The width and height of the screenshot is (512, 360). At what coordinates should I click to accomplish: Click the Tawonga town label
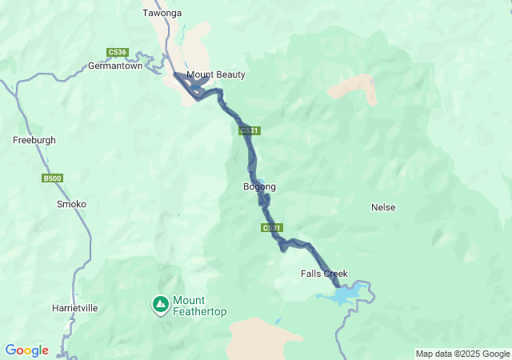[x=162, y=13]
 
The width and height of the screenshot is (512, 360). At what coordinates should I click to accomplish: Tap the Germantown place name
[x=115, y=66]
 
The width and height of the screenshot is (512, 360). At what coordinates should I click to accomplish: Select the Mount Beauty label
[x=215, y=75]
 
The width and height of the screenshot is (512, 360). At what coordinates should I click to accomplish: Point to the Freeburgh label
[x=34, y=140]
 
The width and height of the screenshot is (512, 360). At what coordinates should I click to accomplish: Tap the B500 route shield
[x=52, y=178]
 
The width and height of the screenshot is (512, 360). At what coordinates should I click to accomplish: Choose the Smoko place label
[x=71, y=204]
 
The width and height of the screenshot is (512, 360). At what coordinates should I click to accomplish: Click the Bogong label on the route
[x=259, y=187]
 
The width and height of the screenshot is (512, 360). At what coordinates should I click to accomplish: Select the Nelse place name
[x=383, y=207]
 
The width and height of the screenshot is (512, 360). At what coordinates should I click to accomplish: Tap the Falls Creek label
[x=325, y=274]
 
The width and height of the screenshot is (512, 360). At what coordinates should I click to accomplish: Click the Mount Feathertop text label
[x=199, y=306]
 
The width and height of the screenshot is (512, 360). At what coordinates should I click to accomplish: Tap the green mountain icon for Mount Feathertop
[x=160, y=303]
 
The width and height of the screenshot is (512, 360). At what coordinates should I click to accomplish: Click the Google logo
[x=26, y=350]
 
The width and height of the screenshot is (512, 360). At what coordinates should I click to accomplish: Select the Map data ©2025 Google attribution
[x=462, y=354]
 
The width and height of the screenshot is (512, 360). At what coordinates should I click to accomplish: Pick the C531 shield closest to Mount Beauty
[x=249, y=130]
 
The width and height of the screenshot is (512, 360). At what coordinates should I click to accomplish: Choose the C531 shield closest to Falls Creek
[x=271, y=228]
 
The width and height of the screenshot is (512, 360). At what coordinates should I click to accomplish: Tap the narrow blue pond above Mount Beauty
[x=183, y=36]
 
